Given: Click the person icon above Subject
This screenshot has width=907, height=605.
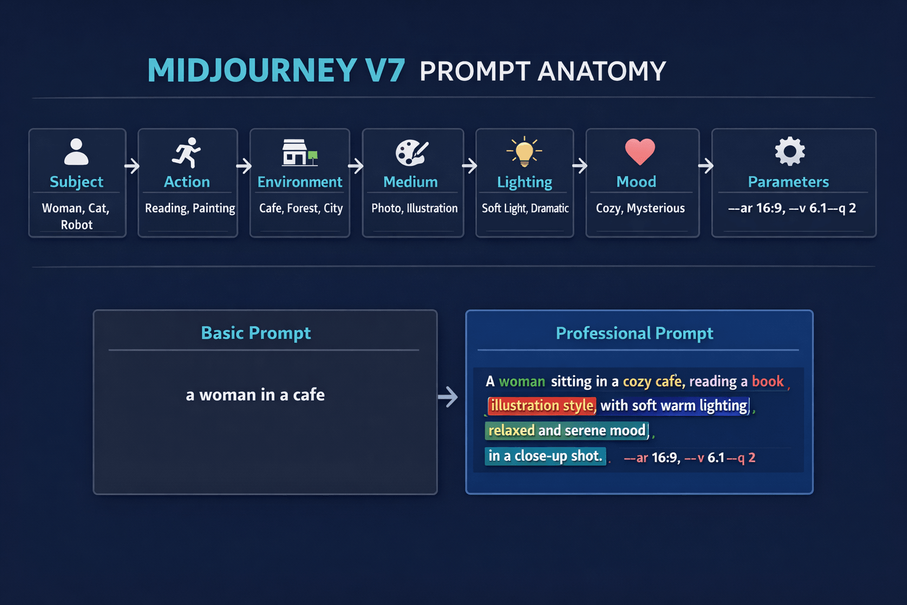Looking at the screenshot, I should (76, 152).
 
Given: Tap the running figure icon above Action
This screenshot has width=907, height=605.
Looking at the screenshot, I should (187, 152).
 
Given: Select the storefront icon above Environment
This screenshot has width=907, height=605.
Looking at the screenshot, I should (298, 152).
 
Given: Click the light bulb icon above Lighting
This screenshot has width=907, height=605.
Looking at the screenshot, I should (524, 151).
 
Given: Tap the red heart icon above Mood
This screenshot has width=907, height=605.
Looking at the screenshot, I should (640, 151).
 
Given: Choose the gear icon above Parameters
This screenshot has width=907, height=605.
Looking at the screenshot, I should (790, 151).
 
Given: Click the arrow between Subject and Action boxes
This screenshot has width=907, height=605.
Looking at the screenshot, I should (132, 166).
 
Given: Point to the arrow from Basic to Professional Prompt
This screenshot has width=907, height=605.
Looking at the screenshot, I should (448, 396).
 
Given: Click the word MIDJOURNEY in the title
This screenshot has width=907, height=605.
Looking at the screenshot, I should (252, 71).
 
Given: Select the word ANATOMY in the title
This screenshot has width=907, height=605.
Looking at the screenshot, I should (602, 71).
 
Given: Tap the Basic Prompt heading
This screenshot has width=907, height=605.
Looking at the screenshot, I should (256, 333).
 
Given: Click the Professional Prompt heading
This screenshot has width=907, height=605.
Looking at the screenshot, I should (634, 333).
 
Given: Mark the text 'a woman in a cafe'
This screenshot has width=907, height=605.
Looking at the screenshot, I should (255, 395).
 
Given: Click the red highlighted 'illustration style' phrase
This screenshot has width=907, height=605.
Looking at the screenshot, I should (541, 406).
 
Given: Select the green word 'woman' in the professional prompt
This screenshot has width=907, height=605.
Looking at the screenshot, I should (522, 382).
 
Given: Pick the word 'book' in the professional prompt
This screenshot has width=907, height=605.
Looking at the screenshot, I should (768, 382).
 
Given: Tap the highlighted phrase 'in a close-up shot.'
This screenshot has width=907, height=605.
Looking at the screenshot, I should (545, 456).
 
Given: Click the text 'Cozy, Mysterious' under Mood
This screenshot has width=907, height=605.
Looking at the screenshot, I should (640, 208).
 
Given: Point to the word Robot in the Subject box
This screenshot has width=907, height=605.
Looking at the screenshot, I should (77, 225).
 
